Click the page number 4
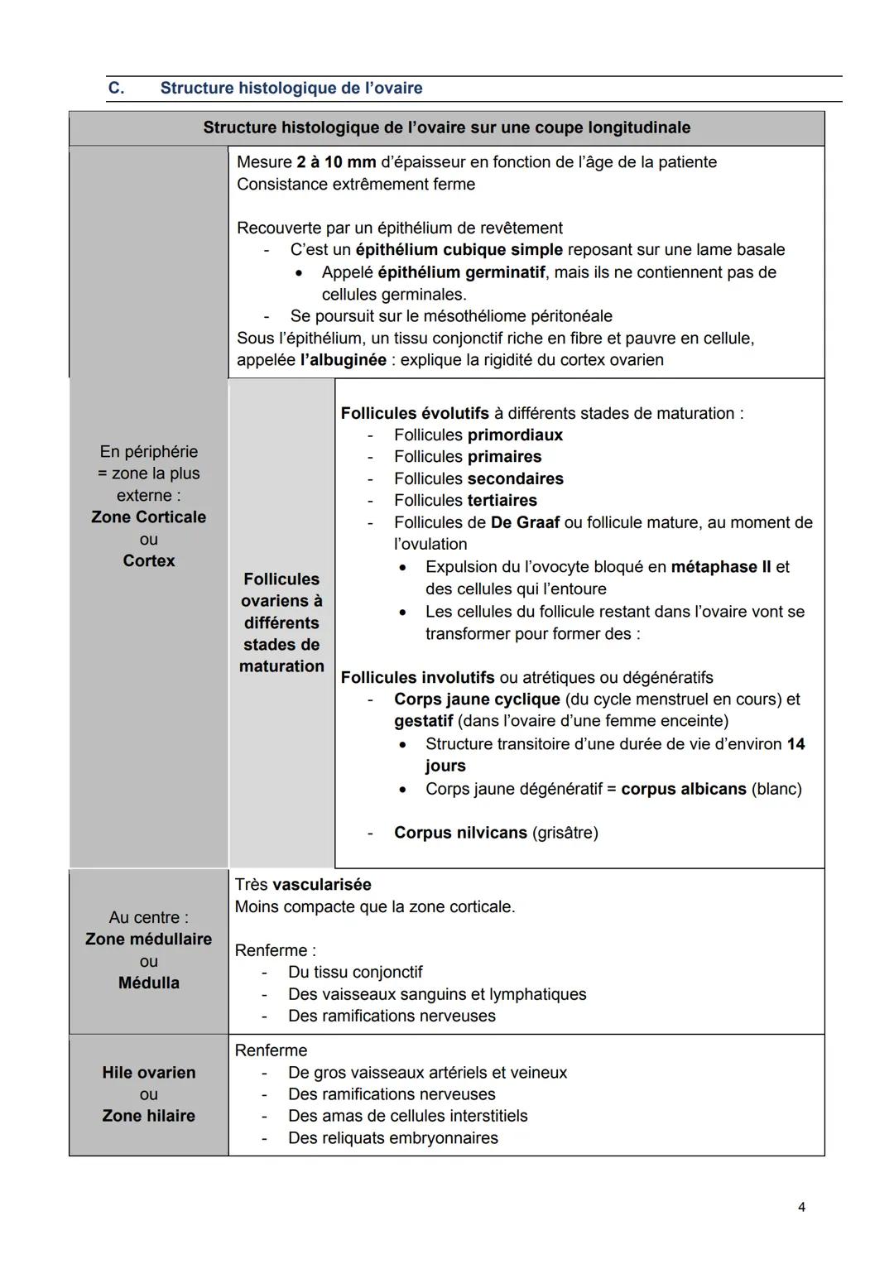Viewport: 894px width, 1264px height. pos(801,1207)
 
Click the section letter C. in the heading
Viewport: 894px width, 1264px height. pos(117,88)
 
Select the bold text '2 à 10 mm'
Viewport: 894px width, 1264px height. pos(335,162)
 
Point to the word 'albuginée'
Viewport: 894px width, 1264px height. pos(344,360)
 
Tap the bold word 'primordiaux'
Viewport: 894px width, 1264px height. pos(515,435)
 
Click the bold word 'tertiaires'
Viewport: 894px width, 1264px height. pos(502,501)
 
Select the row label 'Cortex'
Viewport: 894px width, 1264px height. pos(149,561)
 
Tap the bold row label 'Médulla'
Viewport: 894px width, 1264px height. pos(149,983)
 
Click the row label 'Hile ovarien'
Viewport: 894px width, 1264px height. pos(149,1073)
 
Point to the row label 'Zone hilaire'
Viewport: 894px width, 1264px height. pos(149,1116)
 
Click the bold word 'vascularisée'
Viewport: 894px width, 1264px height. pos(321,885)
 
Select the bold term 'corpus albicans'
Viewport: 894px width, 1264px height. pos(683,789)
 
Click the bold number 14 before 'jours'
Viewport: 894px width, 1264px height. pos(795,744)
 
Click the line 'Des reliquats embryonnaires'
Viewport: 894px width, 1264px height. pos(392,1138)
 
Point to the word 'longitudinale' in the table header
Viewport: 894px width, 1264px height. pos(638,127)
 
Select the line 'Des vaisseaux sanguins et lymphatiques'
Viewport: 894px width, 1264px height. pos(436,994)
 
